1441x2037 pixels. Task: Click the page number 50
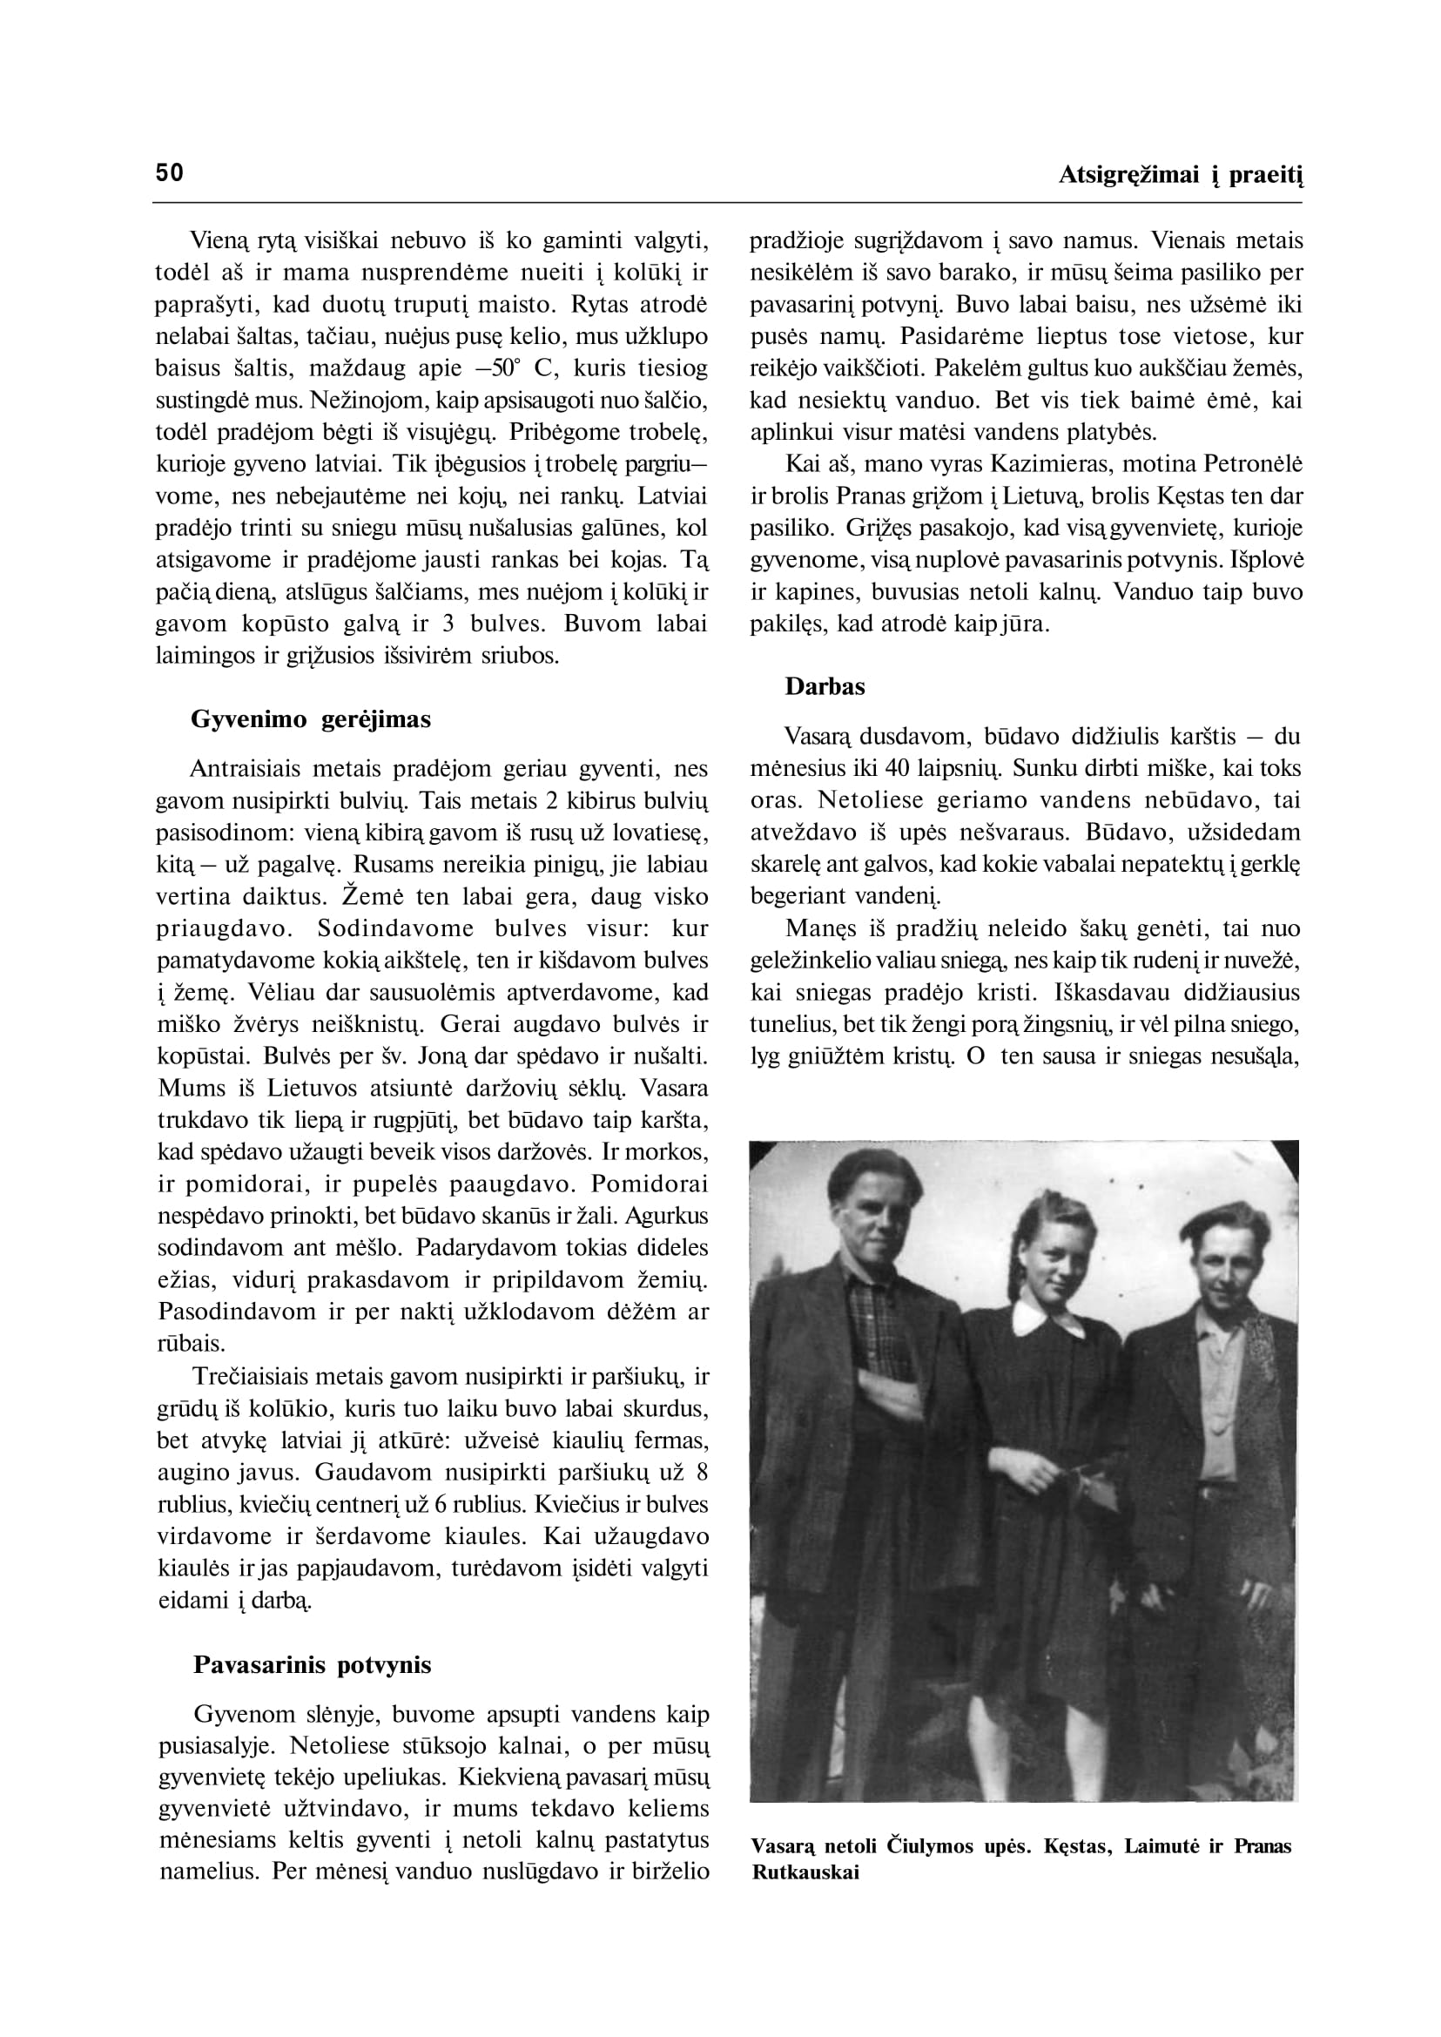coord(170,172)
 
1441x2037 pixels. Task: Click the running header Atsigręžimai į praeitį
coord(1180,176)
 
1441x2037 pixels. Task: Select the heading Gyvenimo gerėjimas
coord(311,719)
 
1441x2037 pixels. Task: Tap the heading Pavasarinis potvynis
coord(313,1664)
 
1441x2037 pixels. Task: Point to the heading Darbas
coord(825,686)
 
